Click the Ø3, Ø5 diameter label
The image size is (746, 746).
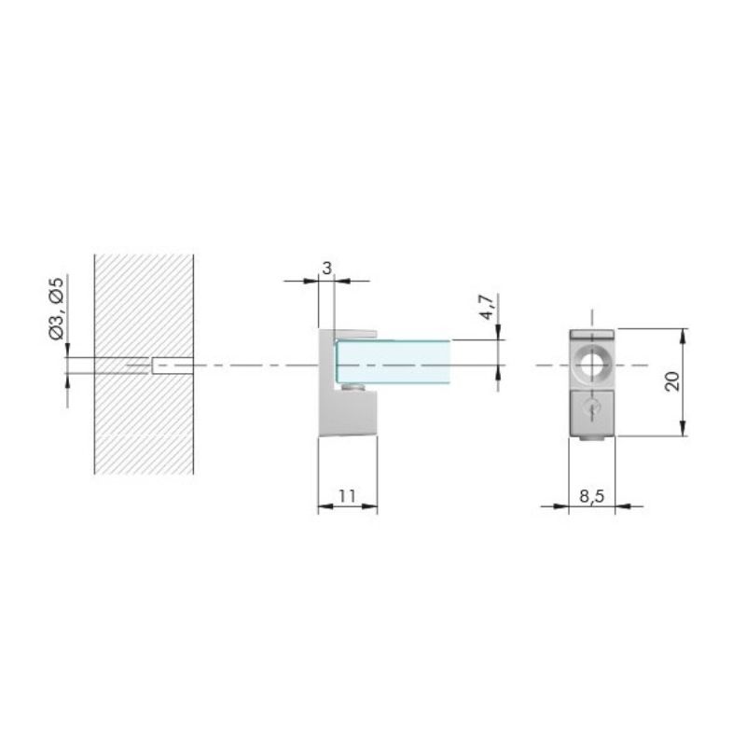click(57, 309)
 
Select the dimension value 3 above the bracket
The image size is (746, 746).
click(326, 269)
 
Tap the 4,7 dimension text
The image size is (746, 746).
click(487, 307)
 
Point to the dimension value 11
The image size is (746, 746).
click(347, 496)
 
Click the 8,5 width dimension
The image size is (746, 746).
click(592, 496)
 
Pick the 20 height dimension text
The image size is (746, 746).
click(672, 381)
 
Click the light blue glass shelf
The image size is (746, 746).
click(394, 361)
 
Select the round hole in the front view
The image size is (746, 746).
click(592, 366)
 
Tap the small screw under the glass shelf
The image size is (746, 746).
click(352, 387)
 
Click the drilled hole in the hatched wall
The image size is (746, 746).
click(173, 366)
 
